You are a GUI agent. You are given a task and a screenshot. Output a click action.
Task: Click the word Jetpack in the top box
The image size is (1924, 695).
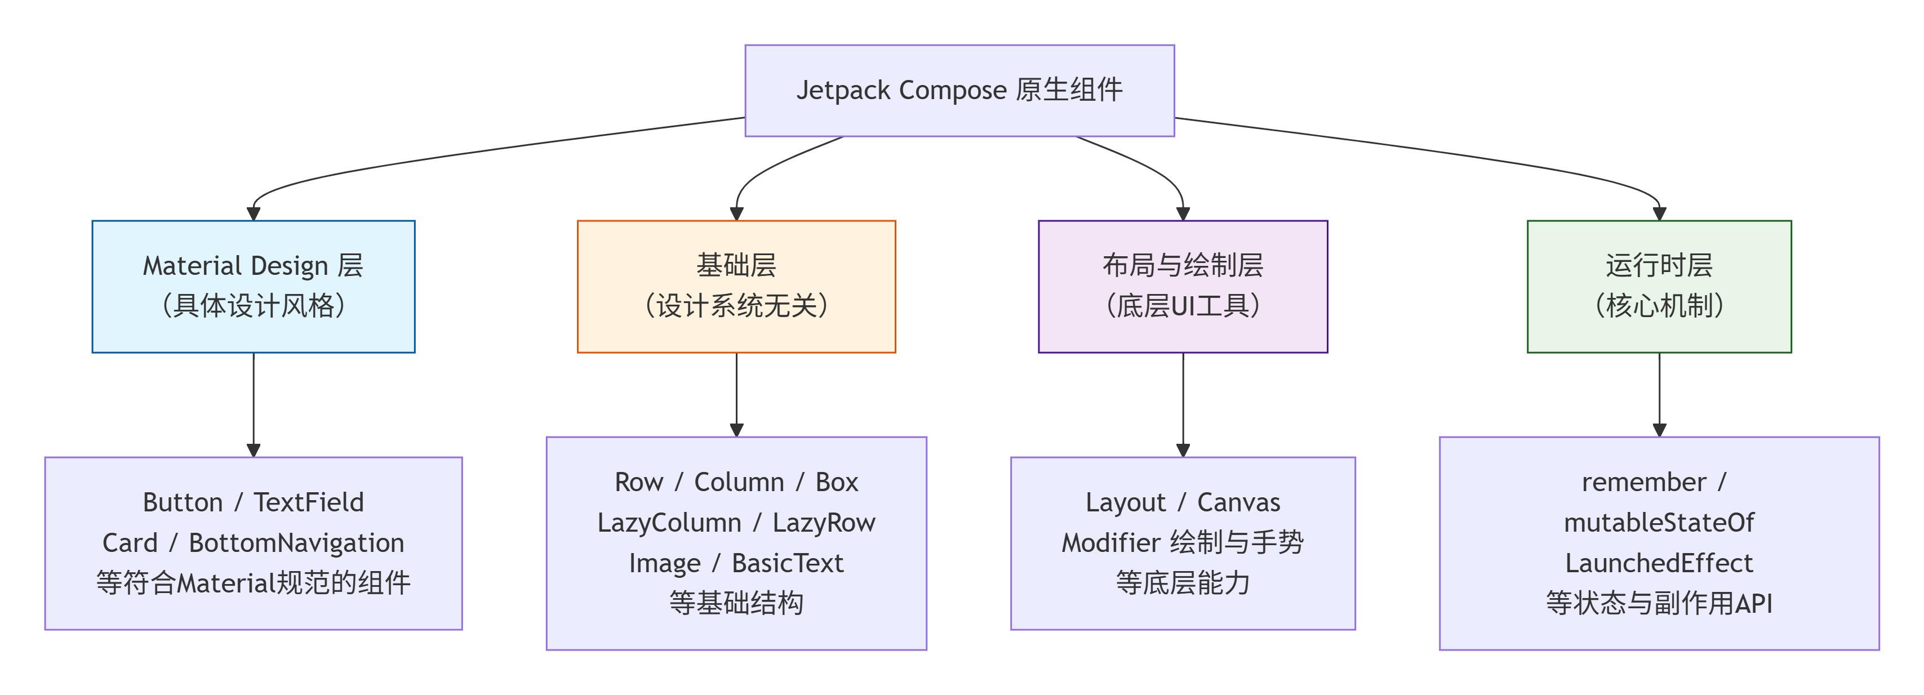[x=843, y=90]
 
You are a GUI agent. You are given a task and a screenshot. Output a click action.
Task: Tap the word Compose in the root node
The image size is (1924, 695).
[x=952, y=90]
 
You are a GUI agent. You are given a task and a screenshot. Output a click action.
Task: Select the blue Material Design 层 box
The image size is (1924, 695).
[x=253, y=286]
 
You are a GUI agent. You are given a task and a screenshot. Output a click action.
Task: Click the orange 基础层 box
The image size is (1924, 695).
[x=736, y=286]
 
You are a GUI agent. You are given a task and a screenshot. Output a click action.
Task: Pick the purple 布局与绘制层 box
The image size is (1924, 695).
[x=1183, y=286]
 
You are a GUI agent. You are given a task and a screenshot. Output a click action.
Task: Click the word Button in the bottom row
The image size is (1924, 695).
[x=183, y=502]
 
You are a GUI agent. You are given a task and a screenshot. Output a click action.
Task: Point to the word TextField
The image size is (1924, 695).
[x=309, y=502]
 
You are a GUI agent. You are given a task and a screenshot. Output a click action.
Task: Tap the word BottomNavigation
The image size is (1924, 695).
[x=296, y=543]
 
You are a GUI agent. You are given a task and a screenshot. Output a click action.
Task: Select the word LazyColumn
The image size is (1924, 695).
[x=669, y=523]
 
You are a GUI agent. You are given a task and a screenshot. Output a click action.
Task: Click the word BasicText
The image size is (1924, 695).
[x=787, y=563]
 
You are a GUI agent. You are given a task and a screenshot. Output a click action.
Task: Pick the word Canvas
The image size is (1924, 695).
[x=1238, y=502]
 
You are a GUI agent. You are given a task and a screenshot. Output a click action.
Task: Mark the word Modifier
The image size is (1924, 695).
[x=1110, y=543]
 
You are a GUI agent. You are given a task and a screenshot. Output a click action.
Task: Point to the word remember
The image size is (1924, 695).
[x=1643, y=482]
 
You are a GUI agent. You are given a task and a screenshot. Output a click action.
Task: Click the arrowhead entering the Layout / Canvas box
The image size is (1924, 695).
[x=1183, y=450]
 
